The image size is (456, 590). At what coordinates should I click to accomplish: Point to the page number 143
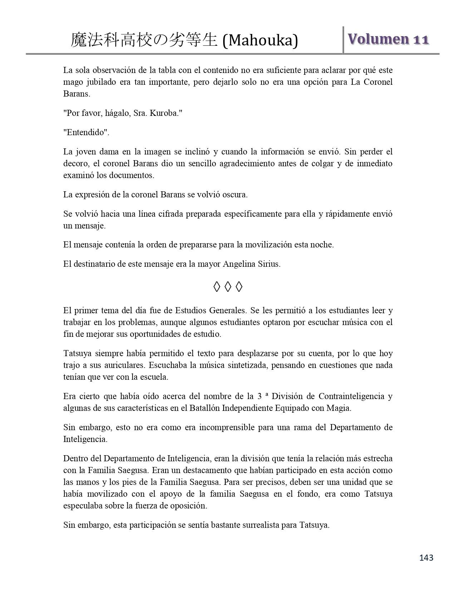click(x=426, y=557)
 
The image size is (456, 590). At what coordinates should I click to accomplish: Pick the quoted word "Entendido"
click(x=86, y=132)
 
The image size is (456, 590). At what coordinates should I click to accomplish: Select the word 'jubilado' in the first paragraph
click(x=101, y=82)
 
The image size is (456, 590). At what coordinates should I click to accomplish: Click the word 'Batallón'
click(x=204, y=408)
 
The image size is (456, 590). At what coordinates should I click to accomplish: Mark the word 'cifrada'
click(x=147, y=214)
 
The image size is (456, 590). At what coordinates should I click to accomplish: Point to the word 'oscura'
click(x=235, y=195)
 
